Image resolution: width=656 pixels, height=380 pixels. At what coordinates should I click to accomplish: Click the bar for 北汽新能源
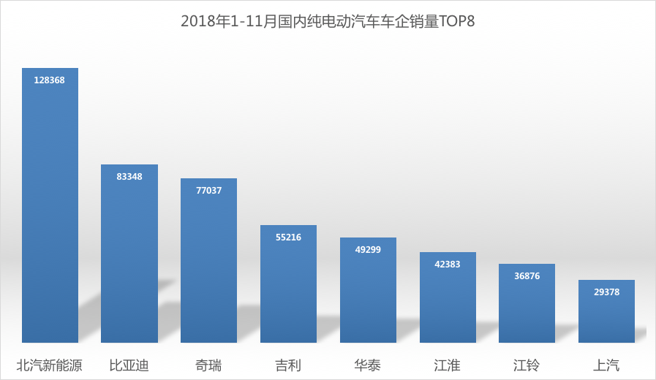coord(50,212)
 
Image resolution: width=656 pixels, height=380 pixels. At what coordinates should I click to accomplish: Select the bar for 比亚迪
coord(129,256)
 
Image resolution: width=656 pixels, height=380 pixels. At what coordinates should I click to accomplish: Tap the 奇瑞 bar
coord(208,263)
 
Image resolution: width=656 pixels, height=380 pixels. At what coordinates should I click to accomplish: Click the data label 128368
coord(50,80)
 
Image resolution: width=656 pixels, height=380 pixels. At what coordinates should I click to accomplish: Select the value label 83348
coord(129,176)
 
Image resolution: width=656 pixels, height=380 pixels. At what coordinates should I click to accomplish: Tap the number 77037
coord(208,190)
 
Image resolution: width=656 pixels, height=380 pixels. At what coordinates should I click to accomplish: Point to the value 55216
coord(288,237)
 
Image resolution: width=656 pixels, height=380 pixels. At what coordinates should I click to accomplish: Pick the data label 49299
coord(368,249)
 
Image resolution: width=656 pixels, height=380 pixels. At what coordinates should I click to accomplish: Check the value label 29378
coord(606,292)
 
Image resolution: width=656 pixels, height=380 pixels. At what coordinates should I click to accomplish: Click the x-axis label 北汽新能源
coord(50,365)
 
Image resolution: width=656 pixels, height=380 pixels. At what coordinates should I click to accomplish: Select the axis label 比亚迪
coord(129,365)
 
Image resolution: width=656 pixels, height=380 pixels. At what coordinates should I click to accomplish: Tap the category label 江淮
coord(448,365)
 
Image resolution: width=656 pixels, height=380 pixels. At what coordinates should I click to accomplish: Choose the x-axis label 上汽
coord(606,365)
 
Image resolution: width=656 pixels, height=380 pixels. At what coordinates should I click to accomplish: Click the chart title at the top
coord(328,21)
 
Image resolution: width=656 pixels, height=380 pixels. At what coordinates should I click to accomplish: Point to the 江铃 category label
coord(527,365)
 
